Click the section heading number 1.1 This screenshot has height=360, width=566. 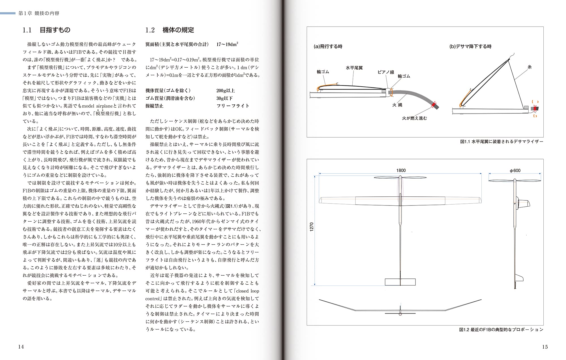pyautogui.click(x=27, y=30)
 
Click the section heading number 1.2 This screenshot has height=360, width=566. pyautogui.click(x=150, y=30)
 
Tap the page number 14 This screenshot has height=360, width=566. pyautogui.click(x=21, y=347)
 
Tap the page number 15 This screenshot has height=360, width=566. pyautogui.click(x=545, y=347)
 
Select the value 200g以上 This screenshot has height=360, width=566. pyautogui.click(x=226, y=91)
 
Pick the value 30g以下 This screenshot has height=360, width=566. pyautogui.click(x=224, y=98)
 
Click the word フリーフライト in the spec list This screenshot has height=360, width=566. pyautogui.click(x=233, y=106)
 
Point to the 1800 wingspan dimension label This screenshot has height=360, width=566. pyautogui.click(x=401, y=170)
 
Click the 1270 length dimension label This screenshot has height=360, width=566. pyautogui.click(x=312, y=227)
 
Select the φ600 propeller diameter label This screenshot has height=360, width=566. pyautogui.click(x=515, y=170)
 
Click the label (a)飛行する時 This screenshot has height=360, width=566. pyautogui.click(x=328, y=46)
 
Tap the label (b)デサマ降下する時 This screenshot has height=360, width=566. pyautogui.click(x=470, y=46)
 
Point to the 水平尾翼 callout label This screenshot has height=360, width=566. pyautogui.click(x=354, y=68)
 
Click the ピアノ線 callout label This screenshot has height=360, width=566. pyautogui.click(x=386, y=72)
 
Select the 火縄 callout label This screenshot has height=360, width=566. pyautogui.click(x=397, y=105)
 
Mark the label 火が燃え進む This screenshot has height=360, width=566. pyautogui.click(x=414, y=118)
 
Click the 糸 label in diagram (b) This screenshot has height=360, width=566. pyautogui.click(x=530, y=67)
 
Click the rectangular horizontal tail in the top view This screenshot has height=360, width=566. pyautogui.click(x=400, y=282)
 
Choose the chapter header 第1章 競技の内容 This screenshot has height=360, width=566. pyautogui.click(x=39, y=13)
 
